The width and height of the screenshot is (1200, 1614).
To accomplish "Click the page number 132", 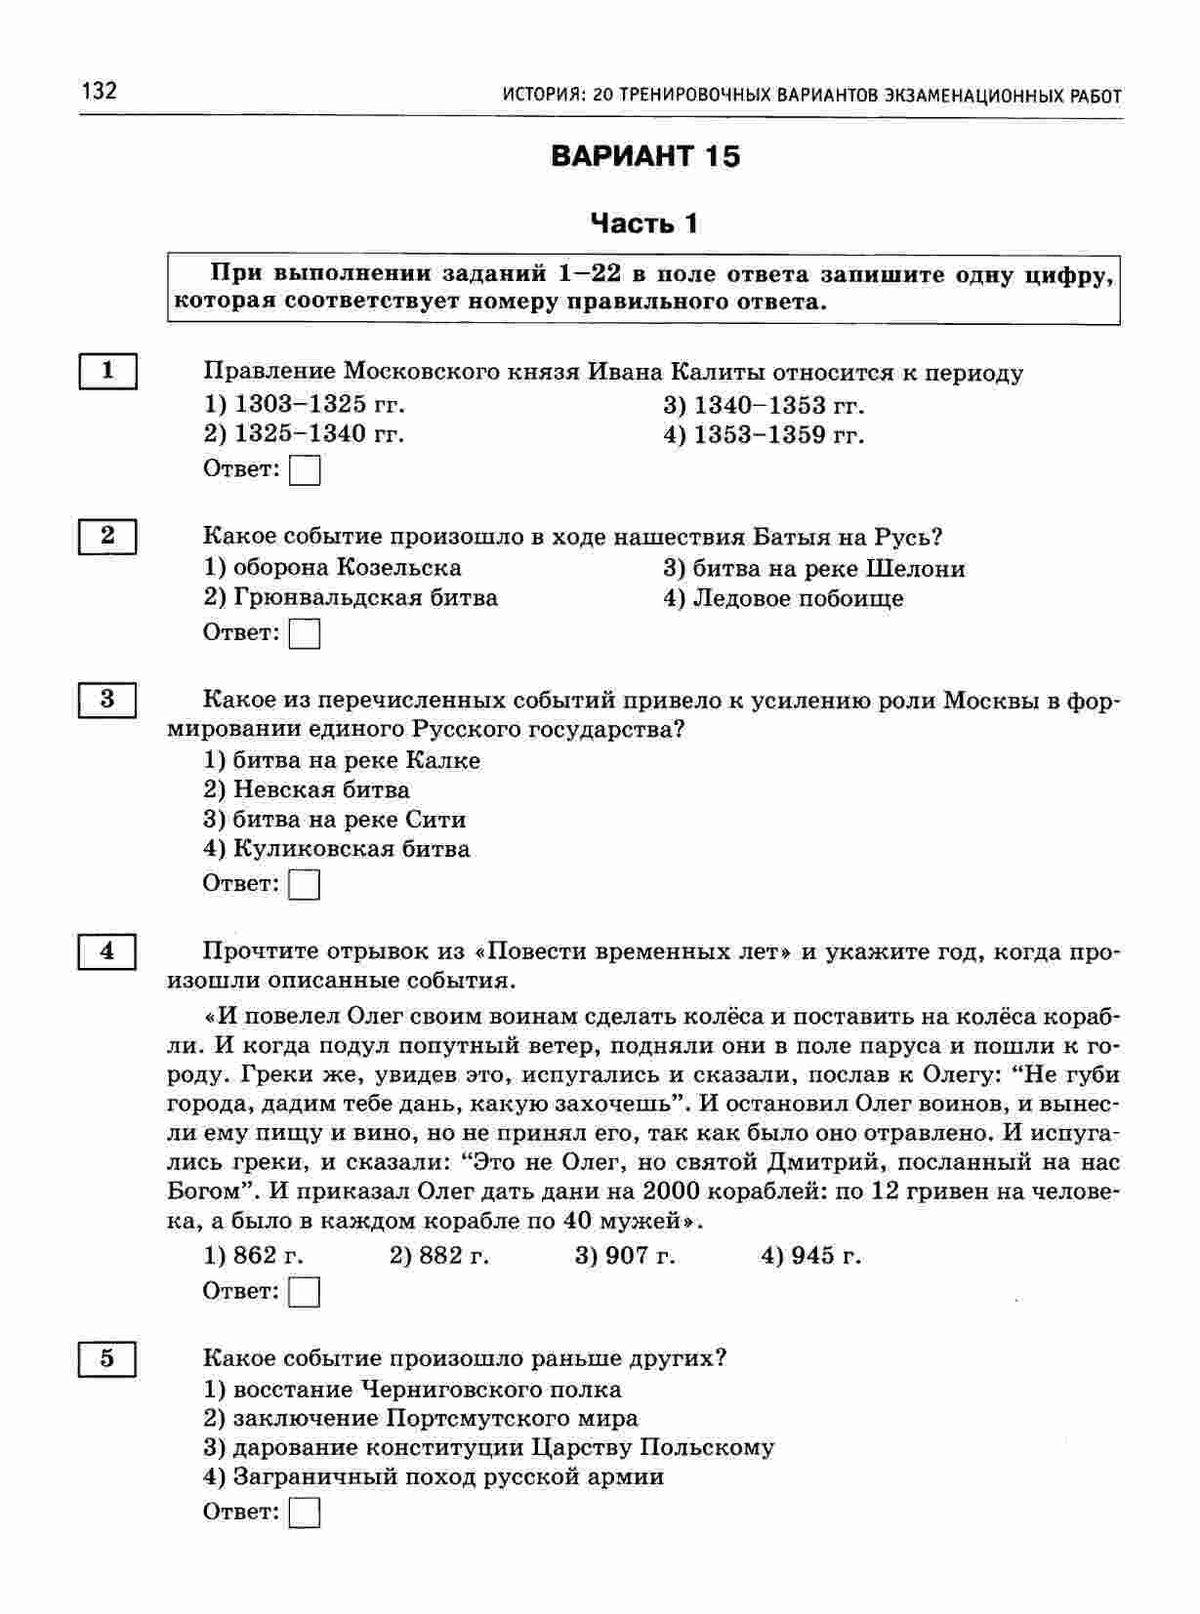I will [x=100, y=91].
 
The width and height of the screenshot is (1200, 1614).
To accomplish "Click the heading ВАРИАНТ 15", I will [x=645, y=156].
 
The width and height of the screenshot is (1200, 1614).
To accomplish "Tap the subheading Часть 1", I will [x=644, y=223].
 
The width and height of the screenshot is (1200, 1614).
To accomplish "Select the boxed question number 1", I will [x=107, y=371].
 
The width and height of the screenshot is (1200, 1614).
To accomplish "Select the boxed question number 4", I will [x=107, y=950].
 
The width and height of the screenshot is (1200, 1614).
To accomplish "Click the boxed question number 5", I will [x=107, y=1357].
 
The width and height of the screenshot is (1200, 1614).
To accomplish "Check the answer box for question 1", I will [x=306, y=470].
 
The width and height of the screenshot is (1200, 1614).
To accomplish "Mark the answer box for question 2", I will [x=306, y=633].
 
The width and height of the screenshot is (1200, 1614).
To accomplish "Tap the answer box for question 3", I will [x=306, y=884].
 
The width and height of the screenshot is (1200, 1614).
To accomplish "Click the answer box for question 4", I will [x=306, y=1292].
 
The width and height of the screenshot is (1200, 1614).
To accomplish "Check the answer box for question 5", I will [x=306, y=1513].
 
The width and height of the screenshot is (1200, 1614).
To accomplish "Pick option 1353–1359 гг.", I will [x=764, y=434].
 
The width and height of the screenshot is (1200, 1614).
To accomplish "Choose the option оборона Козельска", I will [x=332, y=567].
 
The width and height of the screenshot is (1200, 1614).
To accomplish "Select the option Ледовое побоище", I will [x=783, y=598].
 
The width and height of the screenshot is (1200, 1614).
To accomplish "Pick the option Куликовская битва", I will [x=336, y=849].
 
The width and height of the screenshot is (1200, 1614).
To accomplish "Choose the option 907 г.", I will [x=625, y=1255].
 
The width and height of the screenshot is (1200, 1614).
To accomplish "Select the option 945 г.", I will [x=810, y=1255].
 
